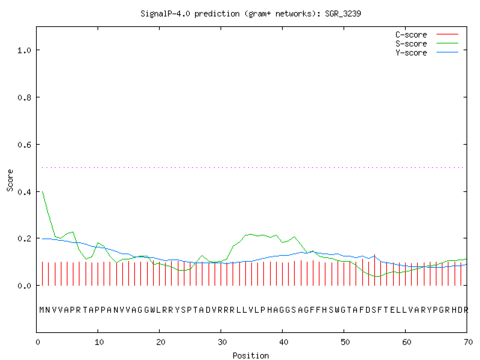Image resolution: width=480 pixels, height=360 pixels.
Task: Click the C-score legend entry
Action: pyautogui.click(x=427, y=34)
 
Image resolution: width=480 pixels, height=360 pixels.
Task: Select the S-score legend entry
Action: pyautogui.click(x=427, y=43)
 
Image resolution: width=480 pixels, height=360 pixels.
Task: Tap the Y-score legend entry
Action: pyautogui.click(x=427, y=52)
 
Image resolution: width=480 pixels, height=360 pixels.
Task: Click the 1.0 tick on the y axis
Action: pyautogui.click(x=24, y=50)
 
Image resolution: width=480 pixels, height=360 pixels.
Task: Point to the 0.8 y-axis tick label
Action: pyautogui.click(x=24, y=97)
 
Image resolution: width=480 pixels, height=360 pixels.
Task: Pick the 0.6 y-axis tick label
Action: pyautogui.click(x=24, y=145)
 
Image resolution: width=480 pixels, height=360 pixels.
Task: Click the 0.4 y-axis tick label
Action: pyautogui.click(x=24, y=192)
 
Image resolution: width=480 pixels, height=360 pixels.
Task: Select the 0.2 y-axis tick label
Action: pyautogui.click(x=24, y=238)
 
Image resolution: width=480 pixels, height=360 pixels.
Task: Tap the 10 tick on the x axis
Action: pyautogui.click(x=99, y=342)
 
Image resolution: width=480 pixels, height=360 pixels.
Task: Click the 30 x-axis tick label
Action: pyautogui.click(x=222, y=342)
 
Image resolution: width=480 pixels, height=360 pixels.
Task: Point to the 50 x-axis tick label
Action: pyautogui.click(x=345, y=342)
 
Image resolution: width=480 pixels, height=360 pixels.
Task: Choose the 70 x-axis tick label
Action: pyautogui.click(x=468, y=342)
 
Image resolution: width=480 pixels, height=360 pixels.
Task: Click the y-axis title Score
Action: pyautogui.click(x=10, y=180)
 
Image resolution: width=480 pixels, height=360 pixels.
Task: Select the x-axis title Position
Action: pyautogui.click(x=250, y=355)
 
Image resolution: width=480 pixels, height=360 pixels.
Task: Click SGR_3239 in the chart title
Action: pyautogui.click(x=343, y=13)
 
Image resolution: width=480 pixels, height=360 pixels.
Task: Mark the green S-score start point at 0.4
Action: pyautogui.click(x=43, y=192)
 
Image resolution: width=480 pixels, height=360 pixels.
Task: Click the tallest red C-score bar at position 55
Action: pyautogui.click(x=374, y=270)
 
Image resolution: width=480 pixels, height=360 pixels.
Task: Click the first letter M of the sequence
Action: pyautogui.click(x=42, y=310)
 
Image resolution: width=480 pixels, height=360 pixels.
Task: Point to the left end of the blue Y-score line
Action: pyautogui.click(x=42, y=238)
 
